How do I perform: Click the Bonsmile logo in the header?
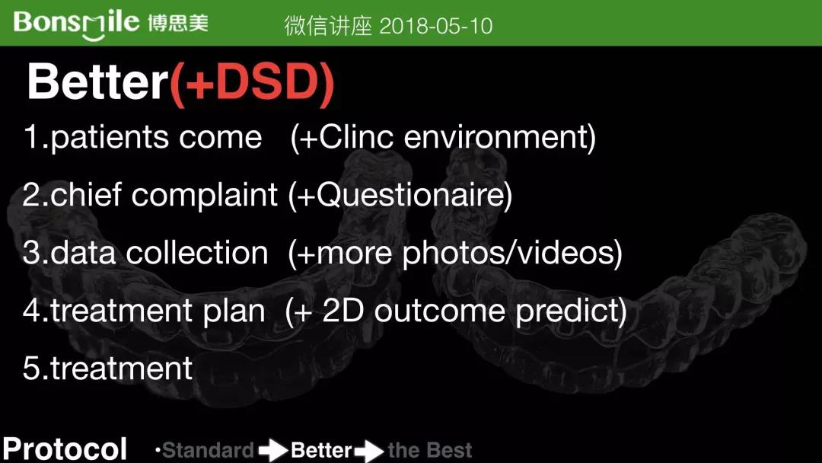110,24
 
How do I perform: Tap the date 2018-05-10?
435,26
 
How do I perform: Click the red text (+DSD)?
252,82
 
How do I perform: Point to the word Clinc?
355,137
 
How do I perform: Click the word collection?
196,253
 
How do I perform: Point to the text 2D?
342,311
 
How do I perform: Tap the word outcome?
439,311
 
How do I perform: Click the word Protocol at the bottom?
65,449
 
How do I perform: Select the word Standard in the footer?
208,450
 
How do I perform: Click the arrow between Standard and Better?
272,450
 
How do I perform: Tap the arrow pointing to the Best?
369,451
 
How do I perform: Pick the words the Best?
430,450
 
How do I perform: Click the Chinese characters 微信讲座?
328,26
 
